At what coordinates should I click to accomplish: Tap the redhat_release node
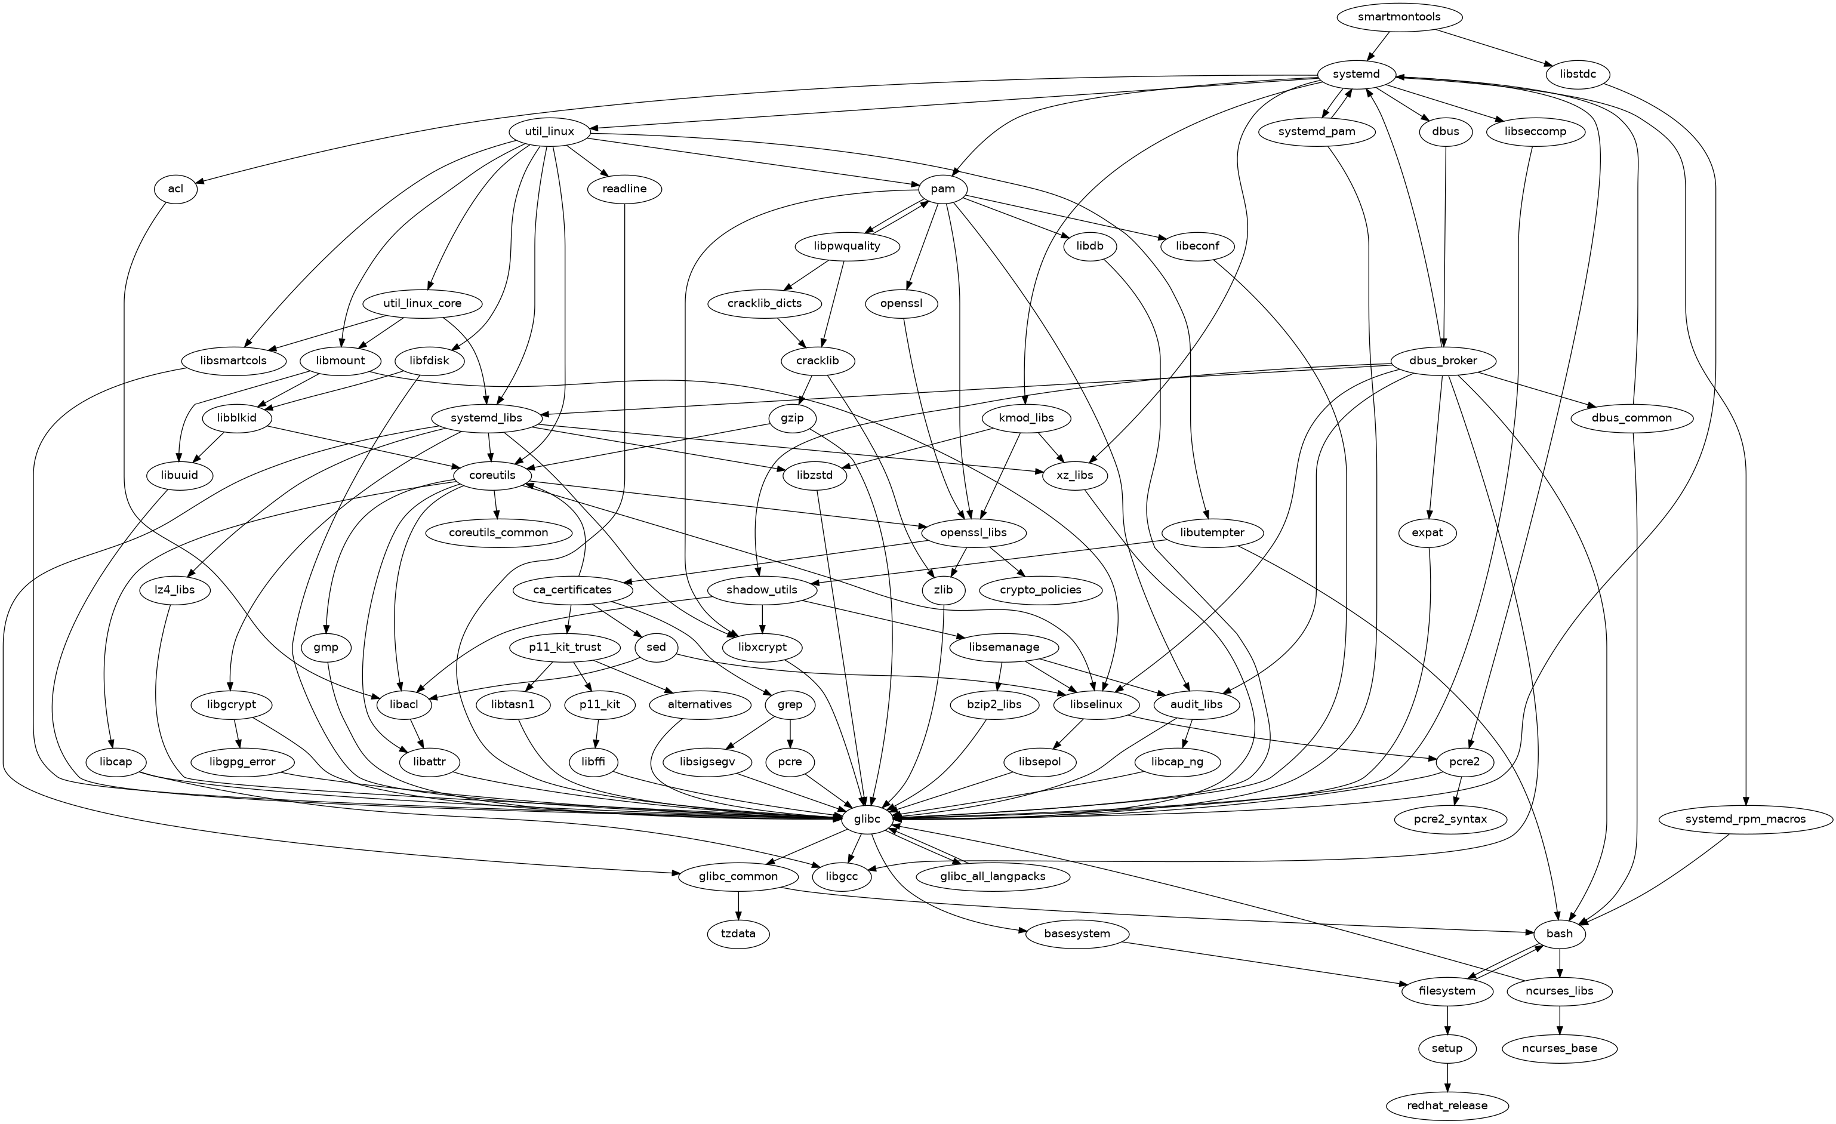coord(1447,1105)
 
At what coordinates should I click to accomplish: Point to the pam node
coord(942,189)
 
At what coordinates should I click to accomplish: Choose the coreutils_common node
coord(498,532)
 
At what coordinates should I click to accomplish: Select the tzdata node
coord(738,934)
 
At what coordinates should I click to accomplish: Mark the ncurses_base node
coord(1560,1048)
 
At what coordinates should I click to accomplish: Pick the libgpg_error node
coord(242,762)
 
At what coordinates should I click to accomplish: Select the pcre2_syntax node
coord(1450,819)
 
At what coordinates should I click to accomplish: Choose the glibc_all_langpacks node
coord(993,876)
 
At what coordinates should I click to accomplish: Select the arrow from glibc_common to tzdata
coord(738,905)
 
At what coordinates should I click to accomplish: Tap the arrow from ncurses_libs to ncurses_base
coord(1560,1020)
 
